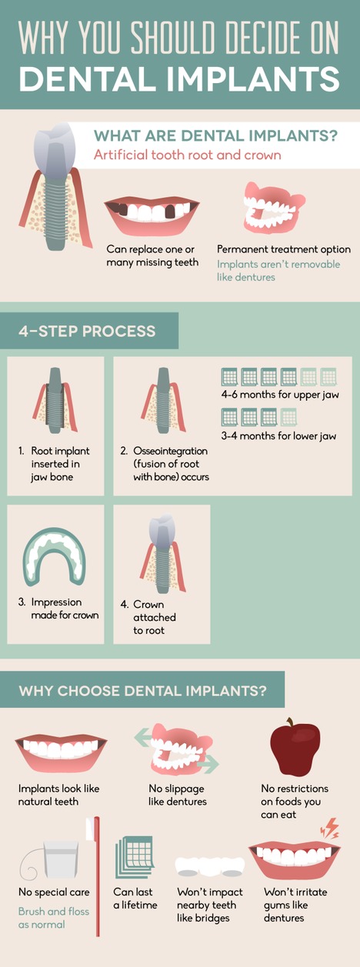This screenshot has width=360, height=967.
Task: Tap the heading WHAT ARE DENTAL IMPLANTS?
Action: click(215, 136)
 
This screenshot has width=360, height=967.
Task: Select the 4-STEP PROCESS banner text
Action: click(87, 332)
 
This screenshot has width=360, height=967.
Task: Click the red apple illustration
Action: click(295, 749)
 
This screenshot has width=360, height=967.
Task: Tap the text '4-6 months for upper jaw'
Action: click(279, 395)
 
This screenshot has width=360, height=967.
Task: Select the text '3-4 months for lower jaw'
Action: click(278, 436)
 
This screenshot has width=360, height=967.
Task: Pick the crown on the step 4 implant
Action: click(162, 529)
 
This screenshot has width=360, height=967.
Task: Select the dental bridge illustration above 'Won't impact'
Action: click(210, 865)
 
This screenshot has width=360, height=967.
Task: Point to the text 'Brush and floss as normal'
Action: click(54, 918)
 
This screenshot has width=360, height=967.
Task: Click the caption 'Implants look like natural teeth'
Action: click(59, 795)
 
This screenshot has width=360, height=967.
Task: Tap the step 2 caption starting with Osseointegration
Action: click(163, 464)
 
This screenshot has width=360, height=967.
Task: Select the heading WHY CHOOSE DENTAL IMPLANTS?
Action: click(143, 690)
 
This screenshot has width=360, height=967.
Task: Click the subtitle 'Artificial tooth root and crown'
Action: click(187, 155)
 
